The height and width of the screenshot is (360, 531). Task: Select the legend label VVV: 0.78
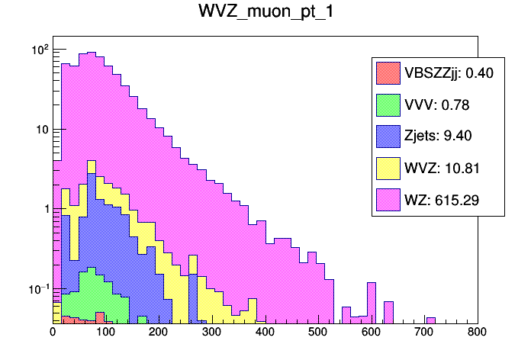coord(433,104)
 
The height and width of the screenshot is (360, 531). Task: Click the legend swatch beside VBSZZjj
coord(388,72)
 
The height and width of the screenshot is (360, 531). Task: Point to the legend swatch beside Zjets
coord(388,136)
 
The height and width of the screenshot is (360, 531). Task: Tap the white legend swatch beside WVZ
coord(388,168)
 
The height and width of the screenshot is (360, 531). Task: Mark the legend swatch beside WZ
coord(388,200)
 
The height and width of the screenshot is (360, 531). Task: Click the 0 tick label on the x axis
coord(53,333)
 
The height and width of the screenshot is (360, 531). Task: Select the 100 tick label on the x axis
coord(105,333)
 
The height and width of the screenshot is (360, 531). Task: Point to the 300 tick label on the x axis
coord(212,333)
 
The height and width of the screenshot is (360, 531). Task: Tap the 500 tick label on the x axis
coord(318,333)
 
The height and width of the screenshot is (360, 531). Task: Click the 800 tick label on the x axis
coord(477,333)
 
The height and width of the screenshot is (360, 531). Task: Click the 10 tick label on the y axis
coord(41,129)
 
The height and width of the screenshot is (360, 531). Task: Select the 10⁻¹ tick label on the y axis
coord(38,288)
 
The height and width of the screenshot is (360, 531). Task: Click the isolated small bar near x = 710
coord(430,320)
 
